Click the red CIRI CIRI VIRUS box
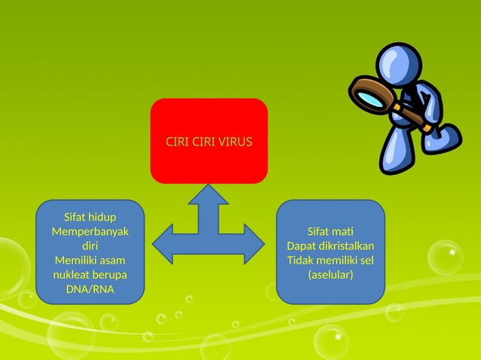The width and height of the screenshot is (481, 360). pyautogui.click(x=209, y=141)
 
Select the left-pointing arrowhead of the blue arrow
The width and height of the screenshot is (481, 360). pyautogui.click(x=164, y=243)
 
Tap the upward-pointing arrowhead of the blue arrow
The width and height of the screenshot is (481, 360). pyautogui.click(x=209, y=194)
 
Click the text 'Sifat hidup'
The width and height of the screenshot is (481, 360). pyautogui.click(x=90, y=218)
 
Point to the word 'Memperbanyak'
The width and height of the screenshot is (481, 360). pyautogui.click(x=90, y=232)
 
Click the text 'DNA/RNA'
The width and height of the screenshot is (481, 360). pyautogui.click(x=90, y=289)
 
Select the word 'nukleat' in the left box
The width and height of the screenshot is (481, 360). pyautogui.click(x=72, y=275)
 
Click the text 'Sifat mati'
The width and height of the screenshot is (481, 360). pyautogui.click(x=330, y=232)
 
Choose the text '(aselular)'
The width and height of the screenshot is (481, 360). pyautogui.click(x=330, y=275)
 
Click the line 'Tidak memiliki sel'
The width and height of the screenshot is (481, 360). pyautogui.click(x=330, y=261)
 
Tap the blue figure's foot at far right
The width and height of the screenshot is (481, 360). pyautogui.click(x=446, y=136)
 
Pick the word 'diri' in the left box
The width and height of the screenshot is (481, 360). pyautogui.click(x=90, y=246)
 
